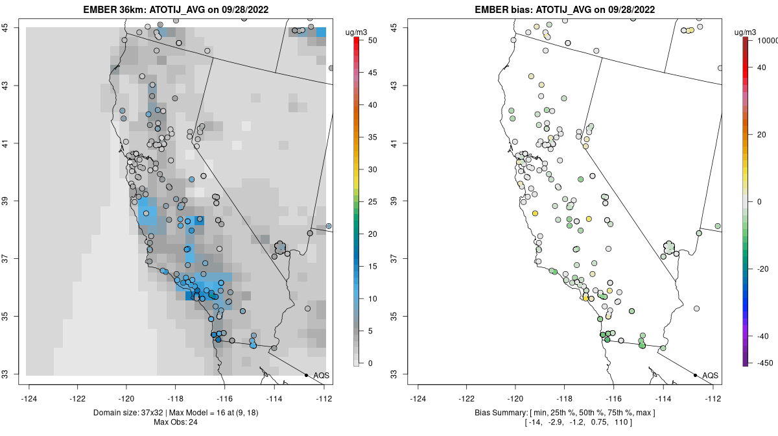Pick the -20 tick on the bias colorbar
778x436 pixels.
coord(763,269)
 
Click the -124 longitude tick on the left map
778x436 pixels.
coord(30,399)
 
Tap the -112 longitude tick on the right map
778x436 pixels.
coord(713,399)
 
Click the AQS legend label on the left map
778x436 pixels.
coord(321,375)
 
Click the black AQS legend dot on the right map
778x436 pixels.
coord(695,375)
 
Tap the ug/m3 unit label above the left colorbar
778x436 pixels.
coord(357,32)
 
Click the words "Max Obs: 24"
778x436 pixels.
coord(176,422)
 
